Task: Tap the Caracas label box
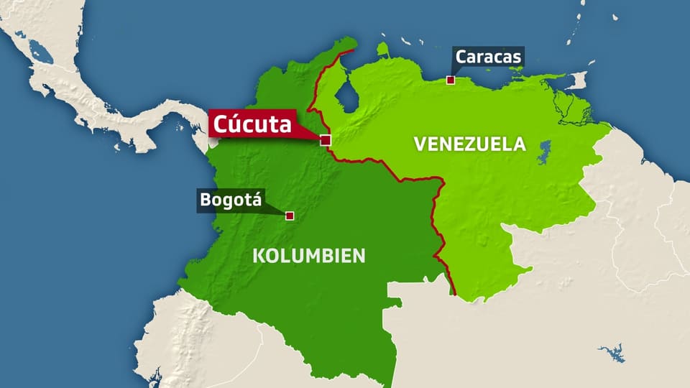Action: click(489, 57)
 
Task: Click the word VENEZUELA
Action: click(469, 144)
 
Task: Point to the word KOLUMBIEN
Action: click(308, 256)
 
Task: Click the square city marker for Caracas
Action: click(451, 80)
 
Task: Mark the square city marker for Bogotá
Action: click(290, 216)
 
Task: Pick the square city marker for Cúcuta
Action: click(326, 140)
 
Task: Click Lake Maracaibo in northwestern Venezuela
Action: click(347, 96)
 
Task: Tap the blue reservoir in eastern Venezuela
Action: click(544, 152)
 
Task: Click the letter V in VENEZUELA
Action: click(419, 144)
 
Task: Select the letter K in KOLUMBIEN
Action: click(257, 256)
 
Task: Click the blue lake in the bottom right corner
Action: click(612, 352)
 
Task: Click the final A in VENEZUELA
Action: click(520, 144)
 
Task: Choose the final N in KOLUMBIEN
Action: click(359, 256)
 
